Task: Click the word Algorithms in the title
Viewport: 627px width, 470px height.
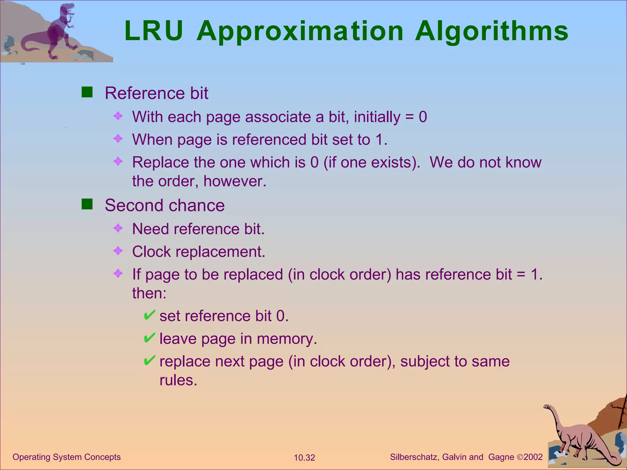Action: [x=491, y=32]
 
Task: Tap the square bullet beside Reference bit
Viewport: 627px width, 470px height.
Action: [x=87, y=92]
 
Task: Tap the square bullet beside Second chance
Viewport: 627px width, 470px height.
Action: [x=87, y=204]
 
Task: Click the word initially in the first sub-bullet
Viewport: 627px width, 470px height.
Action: [x=377, y=117]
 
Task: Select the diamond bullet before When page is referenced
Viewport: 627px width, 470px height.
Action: [x=118, y=139]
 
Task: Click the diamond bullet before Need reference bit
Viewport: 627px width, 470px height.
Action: [x=118, y=228]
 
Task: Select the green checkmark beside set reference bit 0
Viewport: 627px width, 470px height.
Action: [x=149, y=315]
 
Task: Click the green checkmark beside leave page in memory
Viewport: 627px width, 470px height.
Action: [x=149, y=338]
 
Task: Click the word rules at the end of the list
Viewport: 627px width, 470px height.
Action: [x=178, y=380]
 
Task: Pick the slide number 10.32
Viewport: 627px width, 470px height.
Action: [x=304, y=458]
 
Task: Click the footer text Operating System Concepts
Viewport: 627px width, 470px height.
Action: [x=66, y=457]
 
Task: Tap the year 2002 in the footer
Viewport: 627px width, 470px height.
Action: [x=533, y=457]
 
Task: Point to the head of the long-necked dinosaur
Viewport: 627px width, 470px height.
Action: [x=547, y=407]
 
